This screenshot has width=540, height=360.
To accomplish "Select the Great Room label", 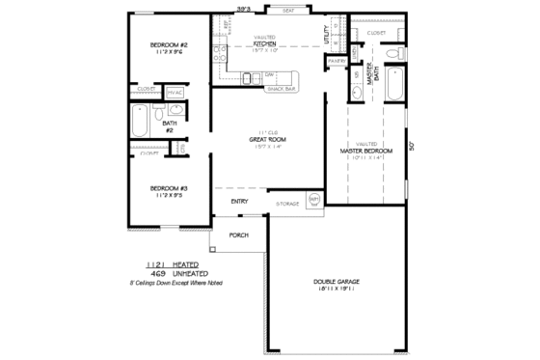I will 264,140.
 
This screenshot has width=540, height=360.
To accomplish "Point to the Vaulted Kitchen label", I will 265,43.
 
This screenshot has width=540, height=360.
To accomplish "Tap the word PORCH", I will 239,235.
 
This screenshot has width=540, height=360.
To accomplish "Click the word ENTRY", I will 240,201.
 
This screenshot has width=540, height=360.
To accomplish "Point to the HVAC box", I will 175,93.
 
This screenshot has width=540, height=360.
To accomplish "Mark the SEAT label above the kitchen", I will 287,11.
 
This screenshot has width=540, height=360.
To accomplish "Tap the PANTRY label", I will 337,61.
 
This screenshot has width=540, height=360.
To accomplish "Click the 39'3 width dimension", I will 244,9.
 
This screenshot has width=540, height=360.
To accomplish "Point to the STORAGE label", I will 287,204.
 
